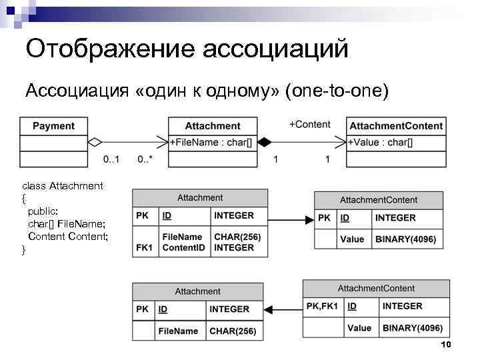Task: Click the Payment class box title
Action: (x=53, y=126)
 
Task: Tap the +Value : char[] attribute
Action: (x=381, y=142)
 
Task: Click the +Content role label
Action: (x=309, y=125)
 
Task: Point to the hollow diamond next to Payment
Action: (x=95, y=142)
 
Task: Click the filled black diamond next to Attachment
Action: (x=265, y=142)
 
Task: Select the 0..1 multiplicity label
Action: (x=112, y=160)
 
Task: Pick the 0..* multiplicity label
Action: (x=145, y=160)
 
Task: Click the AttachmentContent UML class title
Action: (x=396, y=126)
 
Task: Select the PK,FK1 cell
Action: (x=322, y=306)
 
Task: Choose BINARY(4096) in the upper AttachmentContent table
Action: (x=405, y=239)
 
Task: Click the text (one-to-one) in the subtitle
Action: (x=336, y=90)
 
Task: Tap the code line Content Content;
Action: (x=67, y=237)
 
